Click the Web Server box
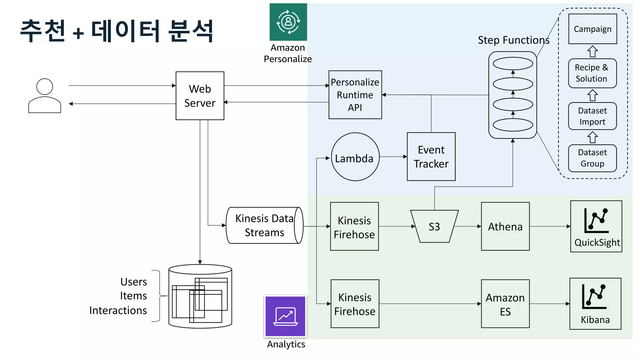coord(200,96)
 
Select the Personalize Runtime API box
coord(355,95)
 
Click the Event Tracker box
coord(431,157)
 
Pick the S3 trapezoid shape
coord(434,226)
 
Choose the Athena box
coord(505,226)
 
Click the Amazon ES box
coord(505,304)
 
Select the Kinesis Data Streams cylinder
coord(264,225)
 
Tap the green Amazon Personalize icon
coord(288,22)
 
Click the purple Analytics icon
coord(285,316)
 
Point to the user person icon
coord(45,96)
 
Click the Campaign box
coord(592,29)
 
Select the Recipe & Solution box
coord(592,73)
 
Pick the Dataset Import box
coord(592,116)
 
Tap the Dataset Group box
coord(592,158)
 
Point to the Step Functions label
coord(513,40)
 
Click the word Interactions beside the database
coord(118,310)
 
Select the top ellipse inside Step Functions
coord(512,64)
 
